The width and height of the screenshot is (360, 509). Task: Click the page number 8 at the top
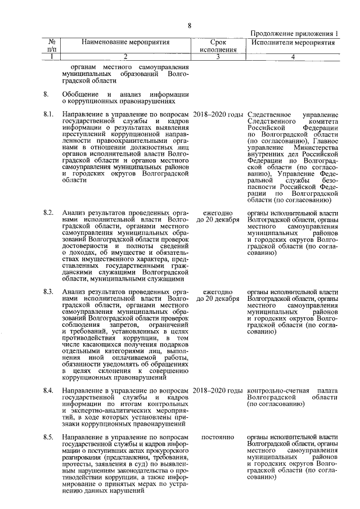tap(190, 25)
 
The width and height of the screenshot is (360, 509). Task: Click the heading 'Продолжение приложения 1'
tap(294, 34)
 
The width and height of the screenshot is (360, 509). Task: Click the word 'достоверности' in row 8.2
tap(86, 246)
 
